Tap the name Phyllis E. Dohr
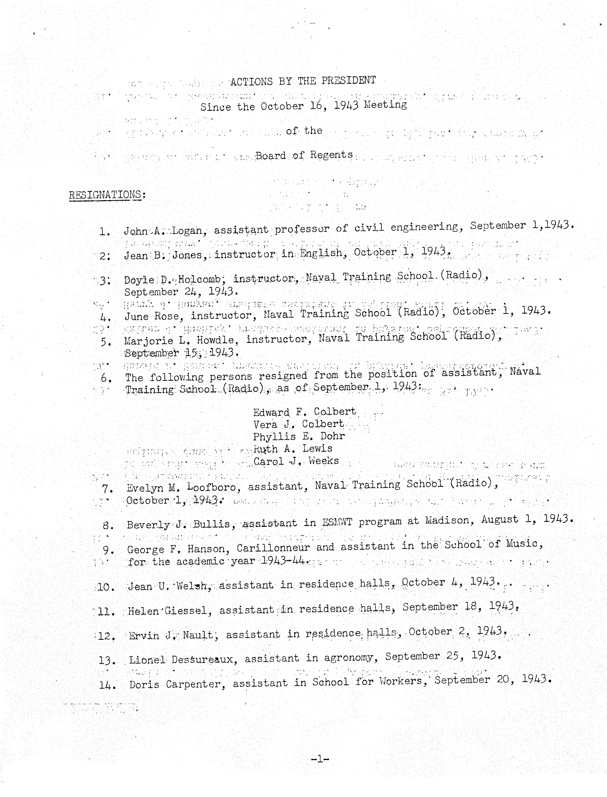click(x=299, y=437)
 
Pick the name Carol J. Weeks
click(x=296, y=461)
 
